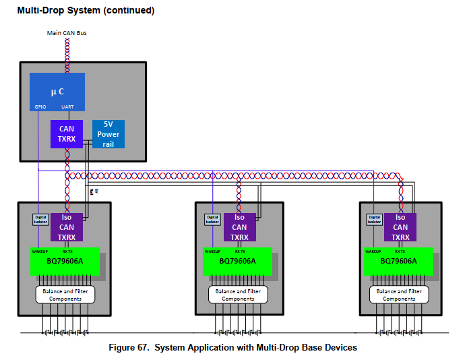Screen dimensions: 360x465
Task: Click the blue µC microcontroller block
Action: point(57,91)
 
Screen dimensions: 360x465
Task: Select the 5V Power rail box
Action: point(108,133)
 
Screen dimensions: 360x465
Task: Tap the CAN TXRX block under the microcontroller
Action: point(66,134)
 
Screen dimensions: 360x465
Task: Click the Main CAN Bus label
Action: point(66,32)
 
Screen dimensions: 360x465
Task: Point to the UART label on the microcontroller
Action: point(67,107)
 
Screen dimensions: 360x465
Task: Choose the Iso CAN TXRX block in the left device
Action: point(66,227)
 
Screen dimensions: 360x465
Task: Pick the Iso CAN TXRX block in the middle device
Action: point(239,227)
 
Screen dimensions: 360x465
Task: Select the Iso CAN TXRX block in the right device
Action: point(400,227)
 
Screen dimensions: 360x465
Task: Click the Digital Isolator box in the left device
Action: point(40,219)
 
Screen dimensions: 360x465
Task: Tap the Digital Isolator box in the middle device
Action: point(212,219)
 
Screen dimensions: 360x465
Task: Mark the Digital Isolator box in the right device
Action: point(374,219)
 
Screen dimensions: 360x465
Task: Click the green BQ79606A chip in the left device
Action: point(65,262)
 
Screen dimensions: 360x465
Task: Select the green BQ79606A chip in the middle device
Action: point(237,262)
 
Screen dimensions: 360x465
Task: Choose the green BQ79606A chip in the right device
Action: point(398,262)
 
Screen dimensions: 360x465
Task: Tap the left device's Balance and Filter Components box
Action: point(65,295)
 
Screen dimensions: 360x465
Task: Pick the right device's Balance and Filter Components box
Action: point(399,295)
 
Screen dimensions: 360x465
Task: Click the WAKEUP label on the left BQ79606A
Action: point(40,251)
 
